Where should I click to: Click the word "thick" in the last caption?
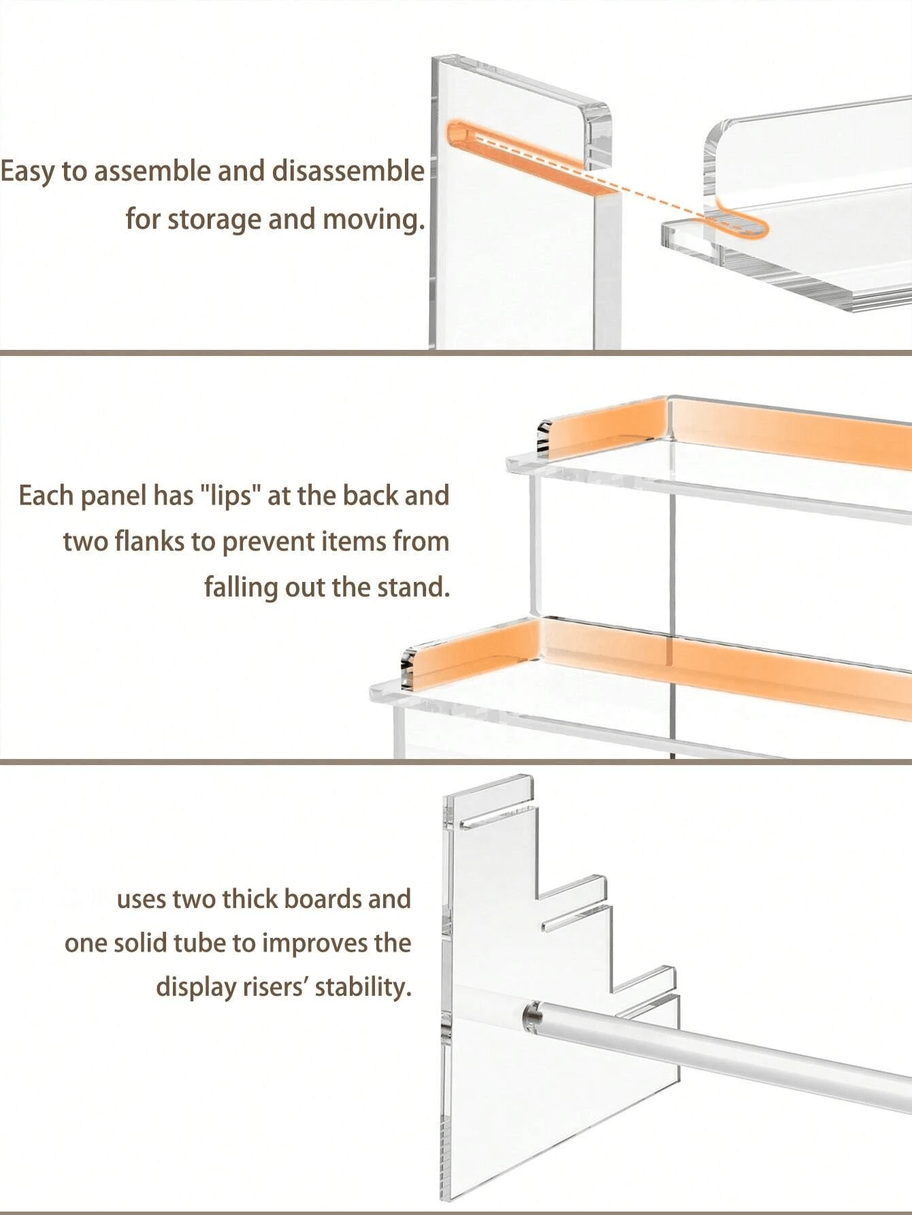click(x=250, y=899)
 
